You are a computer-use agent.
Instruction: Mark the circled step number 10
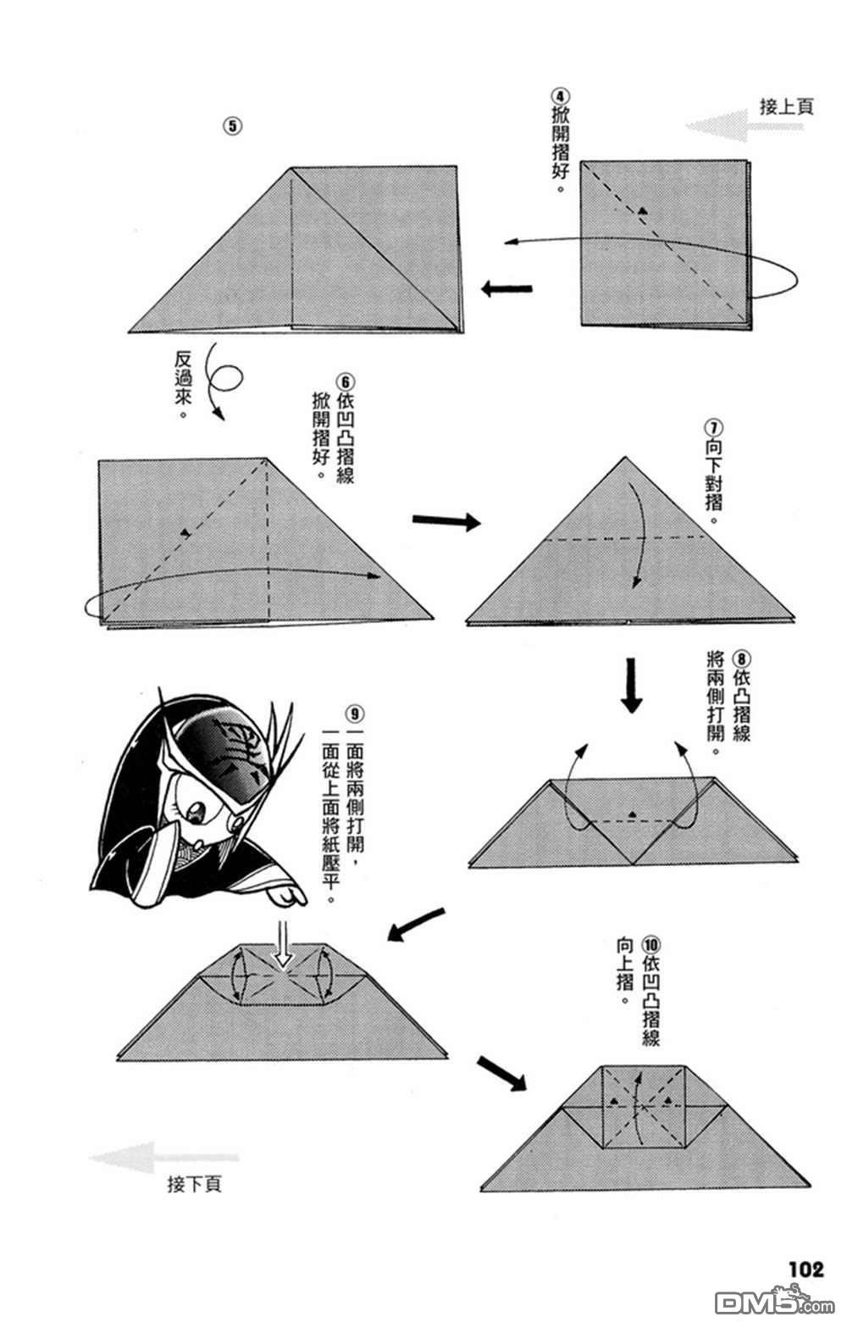tap(650, 944)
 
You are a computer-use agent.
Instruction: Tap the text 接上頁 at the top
tap(786, 107)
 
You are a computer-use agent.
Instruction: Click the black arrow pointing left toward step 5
tap(507, 289)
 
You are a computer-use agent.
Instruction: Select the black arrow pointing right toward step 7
tap(446, 520)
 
